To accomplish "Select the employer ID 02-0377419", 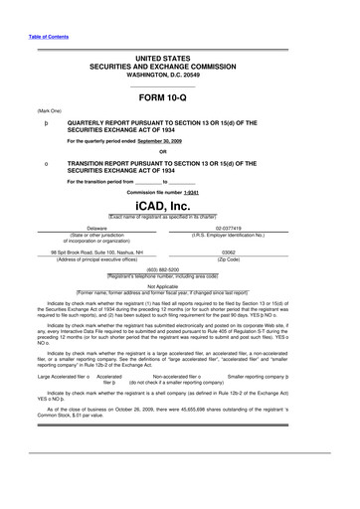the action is click(257, 228).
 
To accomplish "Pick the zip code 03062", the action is click(256, 253).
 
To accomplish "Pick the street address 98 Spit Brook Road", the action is click(99, 253).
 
